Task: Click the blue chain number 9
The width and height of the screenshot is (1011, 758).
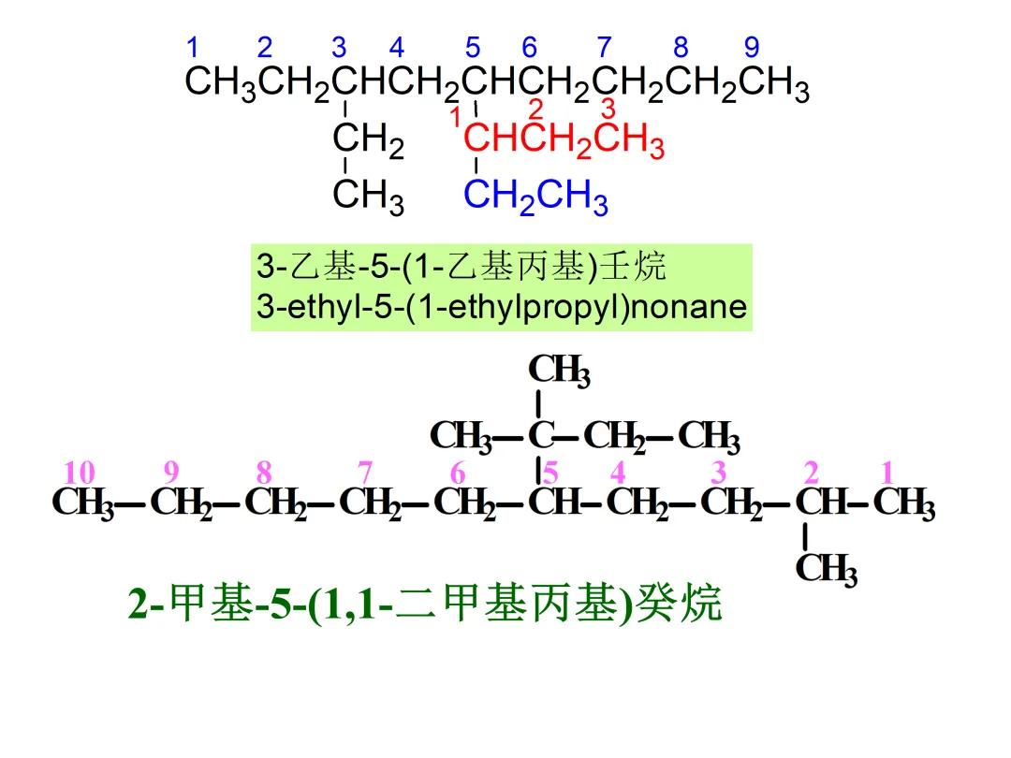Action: click(x=752, y=47)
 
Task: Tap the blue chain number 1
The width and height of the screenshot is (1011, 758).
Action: click(x=193, y=47)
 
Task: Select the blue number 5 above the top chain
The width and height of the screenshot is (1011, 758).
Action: click(x=473, y=47)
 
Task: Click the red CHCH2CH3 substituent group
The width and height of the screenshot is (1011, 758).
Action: click(x=564, y=142)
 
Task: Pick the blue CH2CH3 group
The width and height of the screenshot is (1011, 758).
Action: click(x=535, y=197)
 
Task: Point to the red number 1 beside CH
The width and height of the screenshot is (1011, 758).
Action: click(x=455, y=119)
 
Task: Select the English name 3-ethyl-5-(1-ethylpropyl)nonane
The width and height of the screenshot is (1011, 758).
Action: click(x=502, y=307)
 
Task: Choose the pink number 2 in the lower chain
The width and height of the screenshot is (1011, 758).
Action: click(x=812, y=474)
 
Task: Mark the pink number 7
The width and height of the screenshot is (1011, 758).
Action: click(x=364, y=474)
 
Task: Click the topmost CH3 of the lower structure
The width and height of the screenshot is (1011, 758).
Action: click(x=559, y=371)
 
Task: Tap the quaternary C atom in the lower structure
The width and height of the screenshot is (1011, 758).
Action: click(x=538, y=435)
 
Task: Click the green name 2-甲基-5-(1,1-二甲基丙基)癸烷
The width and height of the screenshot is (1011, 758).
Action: click(x=426, y=605)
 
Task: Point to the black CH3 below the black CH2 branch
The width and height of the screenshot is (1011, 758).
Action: click(x=368, y=197)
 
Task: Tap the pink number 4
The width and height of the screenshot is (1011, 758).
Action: click(x=618, y=474)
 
